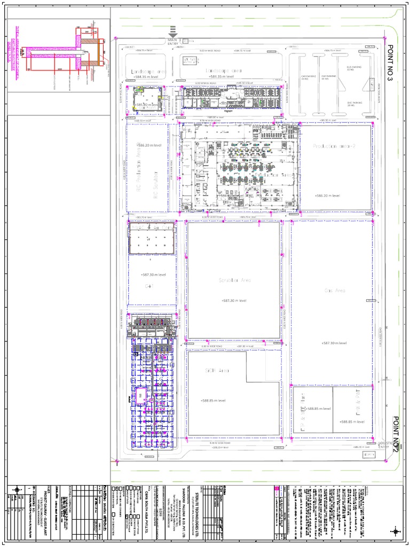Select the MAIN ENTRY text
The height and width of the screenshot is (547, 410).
click(172, 41)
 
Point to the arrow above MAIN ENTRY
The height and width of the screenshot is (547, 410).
click(172, 32)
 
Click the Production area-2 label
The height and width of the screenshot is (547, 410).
click(334, 146)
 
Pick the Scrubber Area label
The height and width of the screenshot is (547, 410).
click(234, 280)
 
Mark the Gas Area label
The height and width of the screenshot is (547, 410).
click(335, 291)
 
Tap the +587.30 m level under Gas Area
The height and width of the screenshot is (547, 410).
click(334, 343)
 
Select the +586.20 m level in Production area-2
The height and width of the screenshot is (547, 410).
click(327, 196)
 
